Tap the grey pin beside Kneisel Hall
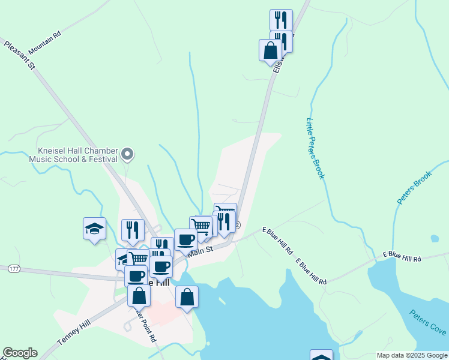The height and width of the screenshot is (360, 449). coord(127,155)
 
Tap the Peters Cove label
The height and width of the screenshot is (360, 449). coord(427,323)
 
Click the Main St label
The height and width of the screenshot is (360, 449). coord(200,251)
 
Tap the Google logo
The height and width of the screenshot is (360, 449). coord(20,353)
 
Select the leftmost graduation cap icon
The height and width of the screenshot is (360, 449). coord(94,229)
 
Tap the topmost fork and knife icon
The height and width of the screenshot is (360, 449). coord(281,20)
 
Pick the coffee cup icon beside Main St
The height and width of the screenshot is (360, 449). coord(185,240)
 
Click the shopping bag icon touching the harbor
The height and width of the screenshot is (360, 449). coord(187,296)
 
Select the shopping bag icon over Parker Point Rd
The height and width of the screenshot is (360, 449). coord(139,296)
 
